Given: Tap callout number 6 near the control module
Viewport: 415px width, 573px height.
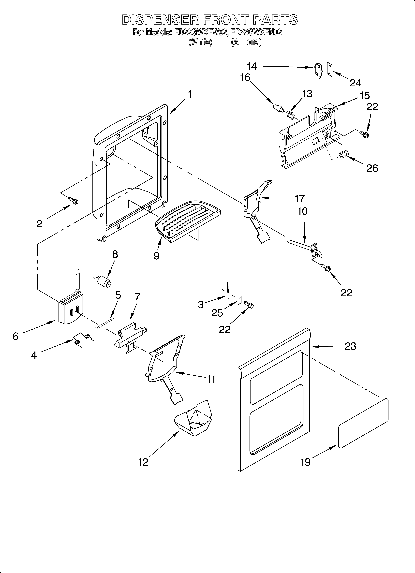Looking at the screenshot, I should pyautogui.click(x=16, y=336).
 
